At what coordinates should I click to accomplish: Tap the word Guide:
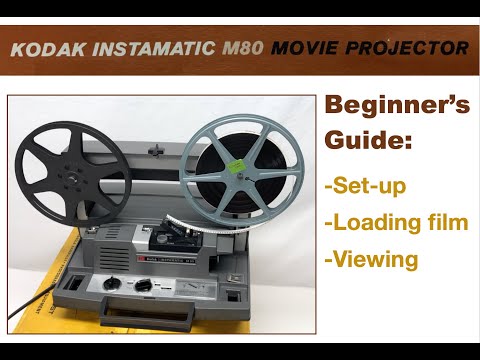(x=367, y=143)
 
